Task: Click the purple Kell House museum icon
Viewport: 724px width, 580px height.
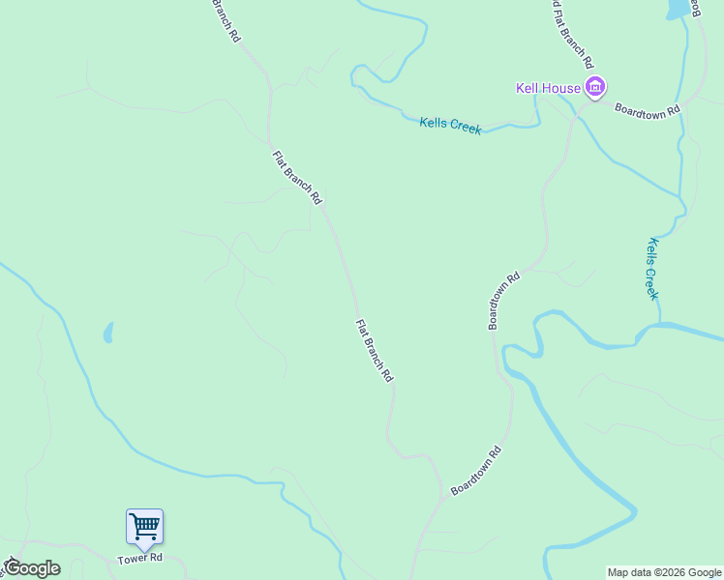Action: point(595,89)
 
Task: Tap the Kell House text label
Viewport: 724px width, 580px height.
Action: point(548,89)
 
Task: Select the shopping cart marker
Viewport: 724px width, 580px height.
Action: point(144,527)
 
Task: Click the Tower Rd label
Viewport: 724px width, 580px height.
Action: point(139,559)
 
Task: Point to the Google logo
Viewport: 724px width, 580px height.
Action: point(32,567)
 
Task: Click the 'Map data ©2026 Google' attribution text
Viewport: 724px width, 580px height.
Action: point(665,572)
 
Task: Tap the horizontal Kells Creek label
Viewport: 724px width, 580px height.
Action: point(450,126)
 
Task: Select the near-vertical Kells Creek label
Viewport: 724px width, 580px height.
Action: point(653,269)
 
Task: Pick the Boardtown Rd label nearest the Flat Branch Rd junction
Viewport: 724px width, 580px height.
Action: point(475,471)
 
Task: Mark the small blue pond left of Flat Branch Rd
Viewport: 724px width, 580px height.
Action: point(108,333)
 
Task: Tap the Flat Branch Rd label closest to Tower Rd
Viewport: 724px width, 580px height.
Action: point(374,351)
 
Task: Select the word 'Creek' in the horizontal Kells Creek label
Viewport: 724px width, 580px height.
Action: point(466,128)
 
